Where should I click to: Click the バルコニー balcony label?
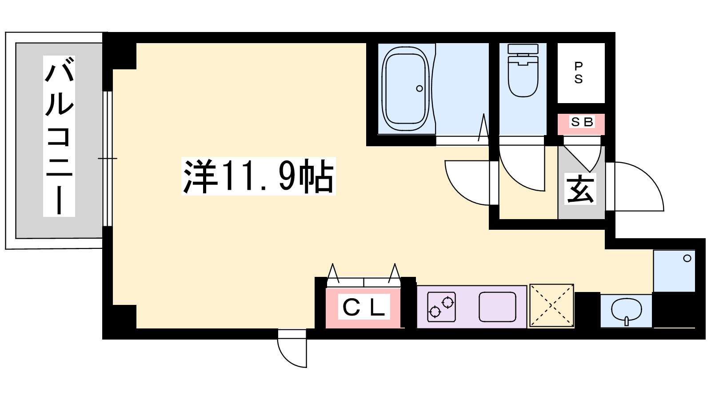coord(59,136)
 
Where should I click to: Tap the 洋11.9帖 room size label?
coord(259,176)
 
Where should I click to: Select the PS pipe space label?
coord(579,73)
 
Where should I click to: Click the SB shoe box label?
coord(582,122)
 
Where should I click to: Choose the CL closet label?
coord(364,307)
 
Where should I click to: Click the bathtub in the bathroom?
coord(406,88)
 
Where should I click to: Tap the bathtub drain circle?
coord(419,88)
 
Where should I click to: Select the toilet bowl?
coord(523,76)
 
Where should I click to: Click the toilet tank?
coord(523,49)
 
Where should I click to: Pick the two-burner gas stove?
coord(442,307)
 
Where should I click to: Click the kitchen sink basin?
coord(497,307)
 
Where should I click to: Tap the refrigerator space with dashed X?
coord(552,306)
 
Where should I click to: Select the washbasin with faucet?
coord(626,312)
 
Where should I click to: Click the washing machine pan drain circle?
coord(687,258)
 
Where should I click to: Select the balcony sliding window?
coord(108,159)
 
